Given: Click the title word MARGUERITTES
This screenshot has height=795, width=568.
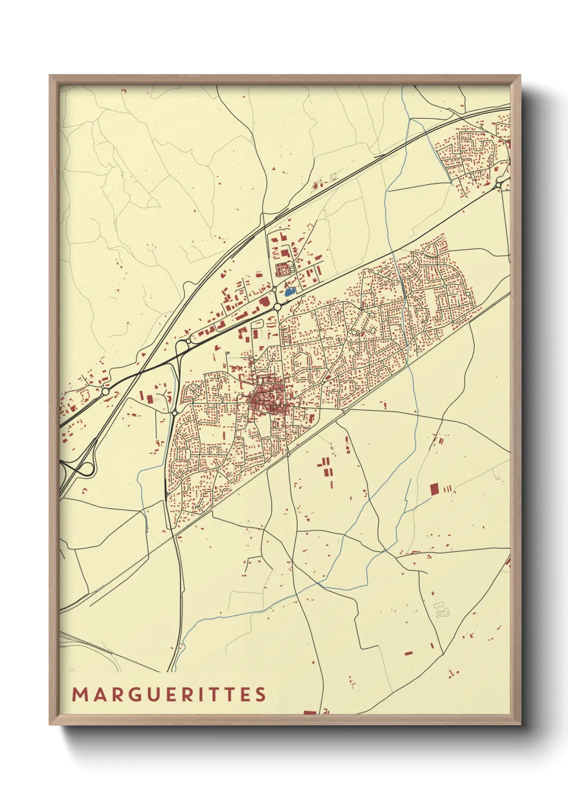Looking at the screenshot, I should click(x=169, y=694).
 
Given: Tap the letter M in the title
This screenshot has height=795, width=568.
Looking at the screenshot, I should click(x=79, y=694).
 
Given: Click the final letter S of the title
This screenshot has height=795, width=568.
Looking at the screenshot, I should click(x=261, y=694).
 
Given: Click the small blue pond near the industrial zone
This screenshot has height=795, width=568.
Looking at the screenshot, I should click(x=289, y=292).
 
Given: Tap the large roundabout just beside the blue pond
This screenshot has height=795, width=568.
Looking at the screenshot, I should click(x=278, y=307).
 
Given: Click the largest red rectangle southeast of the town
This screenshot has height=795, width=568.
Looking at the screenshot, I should click(x=434, y=489).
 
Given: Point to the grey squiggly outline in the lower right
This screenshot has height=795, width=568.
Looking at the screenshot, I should click(x=442, y=610).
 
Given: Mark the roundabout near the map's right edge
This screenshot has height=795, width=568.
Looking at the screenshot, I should click(x=499, y=185).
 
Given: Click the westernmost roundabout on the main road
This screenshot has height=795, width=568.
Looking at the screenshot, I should click(x=105, y=392).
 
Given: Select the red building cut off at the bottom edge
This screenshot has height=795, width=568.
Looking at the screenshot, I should click(x=310, y=713).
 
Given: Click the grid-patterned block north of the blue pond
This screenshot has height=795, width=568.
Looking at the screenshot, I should click(x=282, y=268).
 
